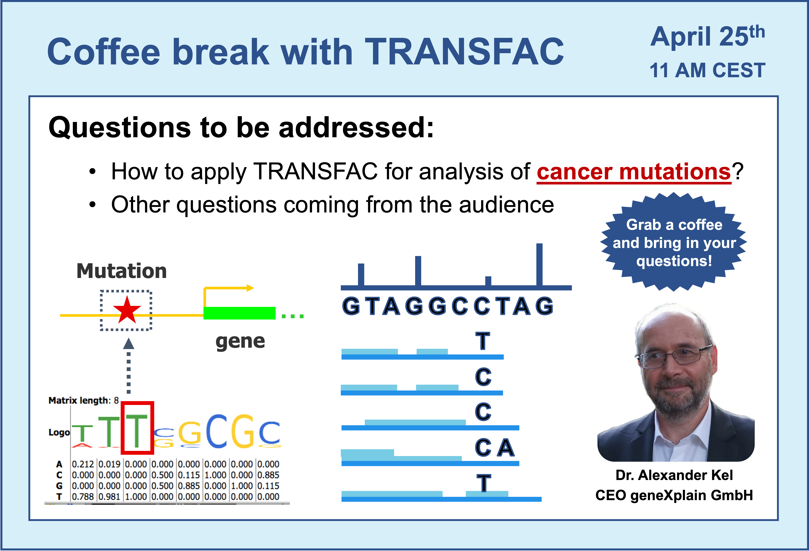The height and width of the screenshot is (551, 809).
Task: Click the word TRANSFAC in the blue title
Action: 464,51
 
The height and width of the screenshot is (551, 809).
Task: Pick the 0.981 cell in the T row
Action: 109,497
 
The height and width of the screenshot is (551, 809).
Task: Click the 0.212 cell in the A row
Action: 83,464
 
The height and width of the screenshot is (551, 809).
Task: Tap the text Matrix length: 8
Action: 84,400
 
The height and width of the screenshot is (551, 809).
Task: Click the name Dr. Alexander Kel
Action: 674,475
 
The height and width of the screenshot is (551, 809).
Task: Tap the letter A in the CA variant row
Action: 506,448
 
